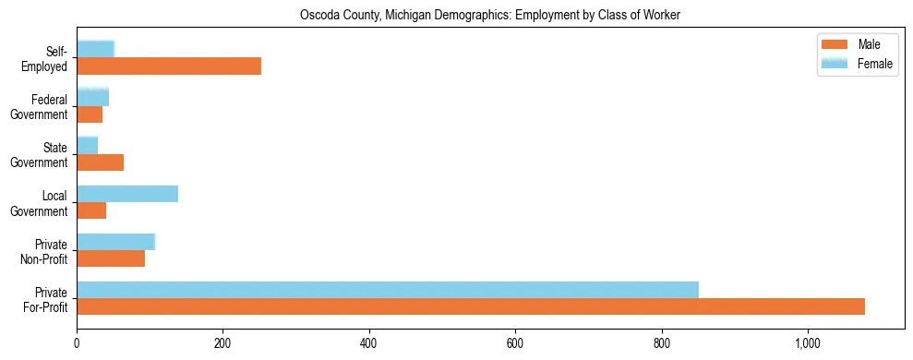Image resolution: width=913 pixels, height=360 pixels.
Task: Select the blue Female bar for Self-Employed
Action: (x=95, y=49)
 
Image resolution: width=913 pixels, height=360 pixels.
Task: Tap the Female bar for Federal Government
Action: (x=92, y=97)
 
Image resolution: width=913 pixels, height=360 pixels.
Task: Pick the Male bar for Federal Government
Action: (x=90, y=114)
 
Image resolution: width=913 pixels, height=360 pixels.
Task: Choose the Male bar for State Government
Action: (x=100, y=162)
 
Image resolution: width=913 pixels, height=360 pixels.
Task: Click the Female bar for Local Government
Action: (x=127, y=194)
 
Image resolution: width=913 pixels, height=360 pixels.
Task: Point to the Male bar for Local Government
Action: (x=91, y=210)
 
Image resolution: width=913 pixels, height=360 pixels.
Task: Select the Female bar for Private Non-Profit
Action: (x=115, y=242)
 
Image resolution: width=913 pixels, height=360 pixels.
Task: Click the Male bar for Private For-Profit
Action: (x=471, y=306)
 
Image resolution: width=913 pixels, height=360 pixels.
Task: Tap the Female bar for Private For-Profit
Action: (x=388, y=290)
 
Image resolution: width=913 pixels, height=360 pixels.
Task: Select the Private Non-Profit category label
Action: (x=45, y=251)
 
